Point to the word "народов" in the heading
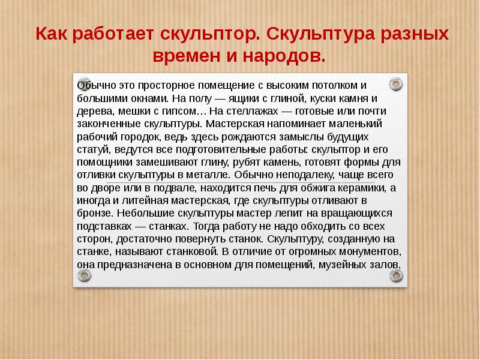tap(287, 56)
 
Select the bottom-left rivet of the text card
tap(83, 275)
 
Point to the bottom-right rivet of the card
tap(396, 275)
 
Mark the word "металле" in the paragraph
tap(207, 175)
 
